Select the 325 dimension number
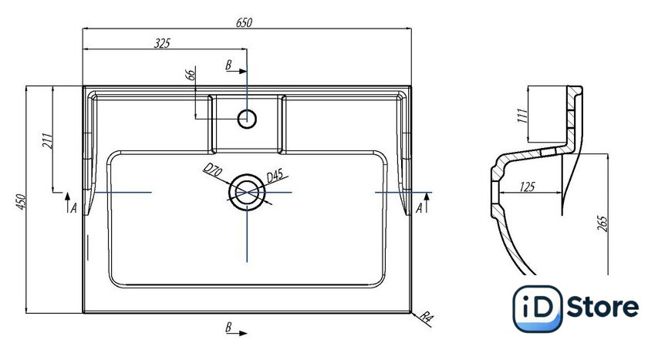point(162,43)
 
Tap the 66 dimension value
point(190,75)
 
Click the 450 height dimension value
point(21,202)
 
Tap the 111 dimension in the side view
point(521,116)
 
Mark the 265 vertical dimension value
point(602,223)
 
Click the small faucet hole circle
point(247,119)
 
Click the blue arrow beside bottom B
point(241,332)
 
